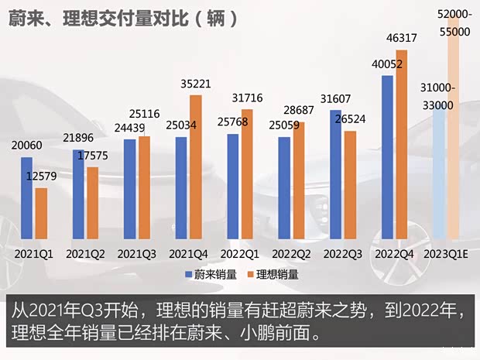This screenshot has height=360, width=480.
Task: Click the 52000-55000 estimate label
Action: click(x=454, y=25)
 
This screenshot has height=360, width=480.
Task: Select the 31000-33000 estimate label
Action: click(x=439, y=97)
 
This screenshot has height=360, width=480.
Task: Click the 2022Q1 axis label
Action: click(x=238, y=253)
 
